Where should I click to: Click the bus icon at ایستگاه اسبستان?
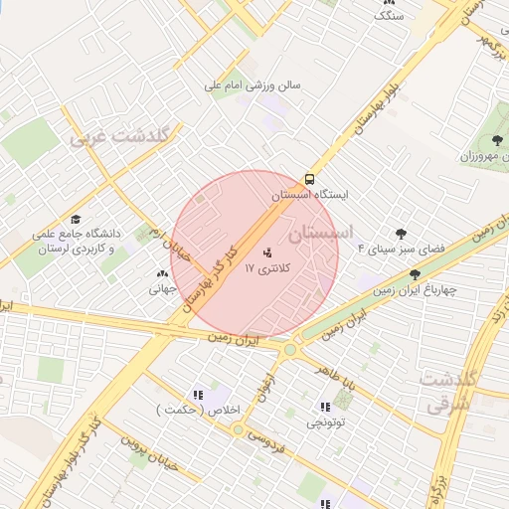(x=309, y=180)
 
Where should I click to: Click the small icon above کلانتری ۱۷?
(x=266, y=253)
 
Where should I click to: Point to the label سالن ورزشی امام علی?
(x=253, y=85)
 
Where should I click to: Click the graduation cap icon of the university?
(x=77, y=220)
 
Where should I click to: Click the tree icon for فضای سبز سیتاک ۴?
(x=401, y=235)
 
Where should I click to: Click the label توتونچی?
(x=325, y=424)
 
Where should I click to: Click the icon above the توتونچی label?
(x=325, y=407)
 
